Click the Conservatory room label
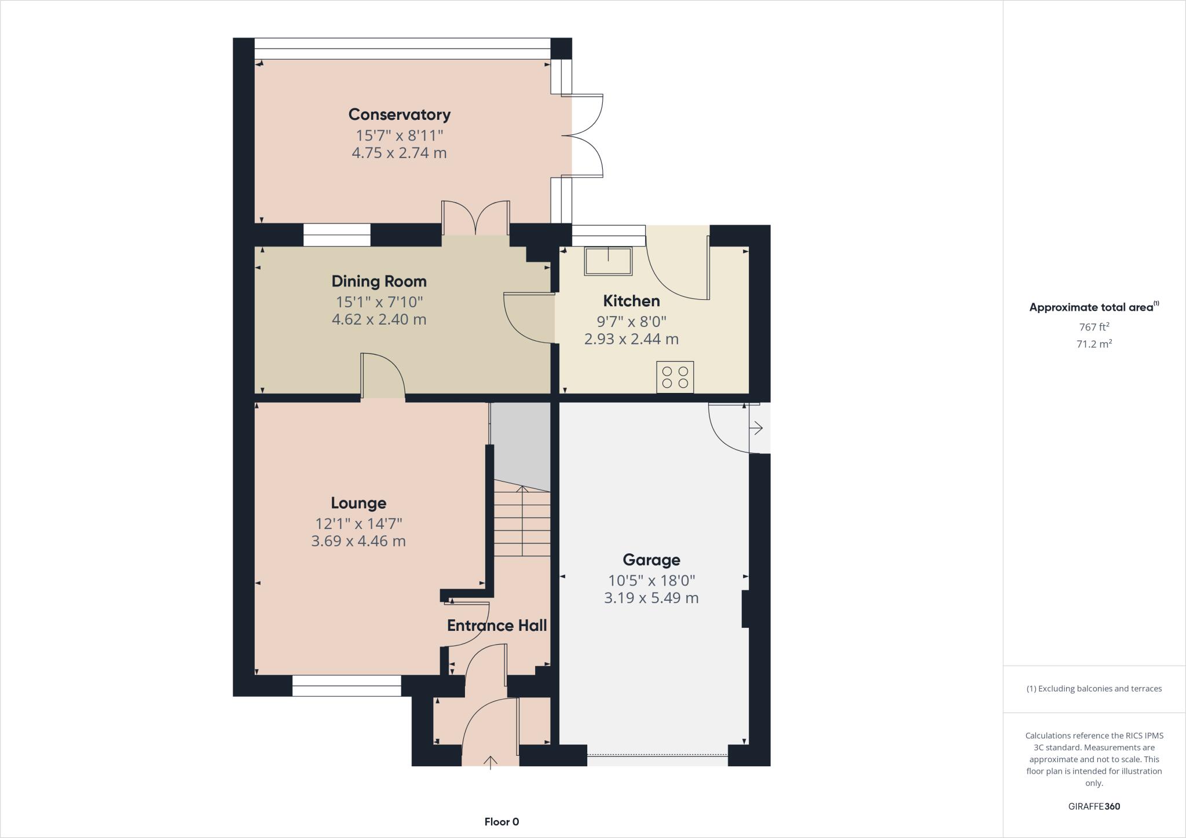(x=399, y=115)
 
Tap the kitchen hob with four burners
(x=675, y=377)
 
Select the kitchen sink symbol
(x=608, y=261)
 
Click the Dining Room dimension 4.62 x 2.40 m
(x=379, y=319)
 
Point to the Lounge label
(x=358, y=503)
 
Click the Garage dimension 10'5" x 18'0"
(x=651, y=580)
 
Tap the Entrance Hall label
(x=497, y=626)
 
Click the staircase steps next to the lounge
(x=522, y=521)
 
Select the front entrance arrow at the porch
(x=490, y=762)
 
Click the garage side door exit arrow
(x=756, y=428)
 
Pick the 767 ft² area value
(x=1094, y=326)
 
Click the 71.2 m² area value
(x=1094, y=344)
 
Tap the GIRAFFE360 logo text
(x=1094, y=806)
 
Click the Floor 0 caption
(x=502, y=822)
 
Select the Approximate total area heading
(x=1093, y=307)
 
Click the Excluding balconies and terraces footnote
(x=1094, y=689)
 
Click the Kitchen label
(x=631, y=301)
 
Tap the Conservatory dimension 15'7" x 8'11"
(x=399, y=135)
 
